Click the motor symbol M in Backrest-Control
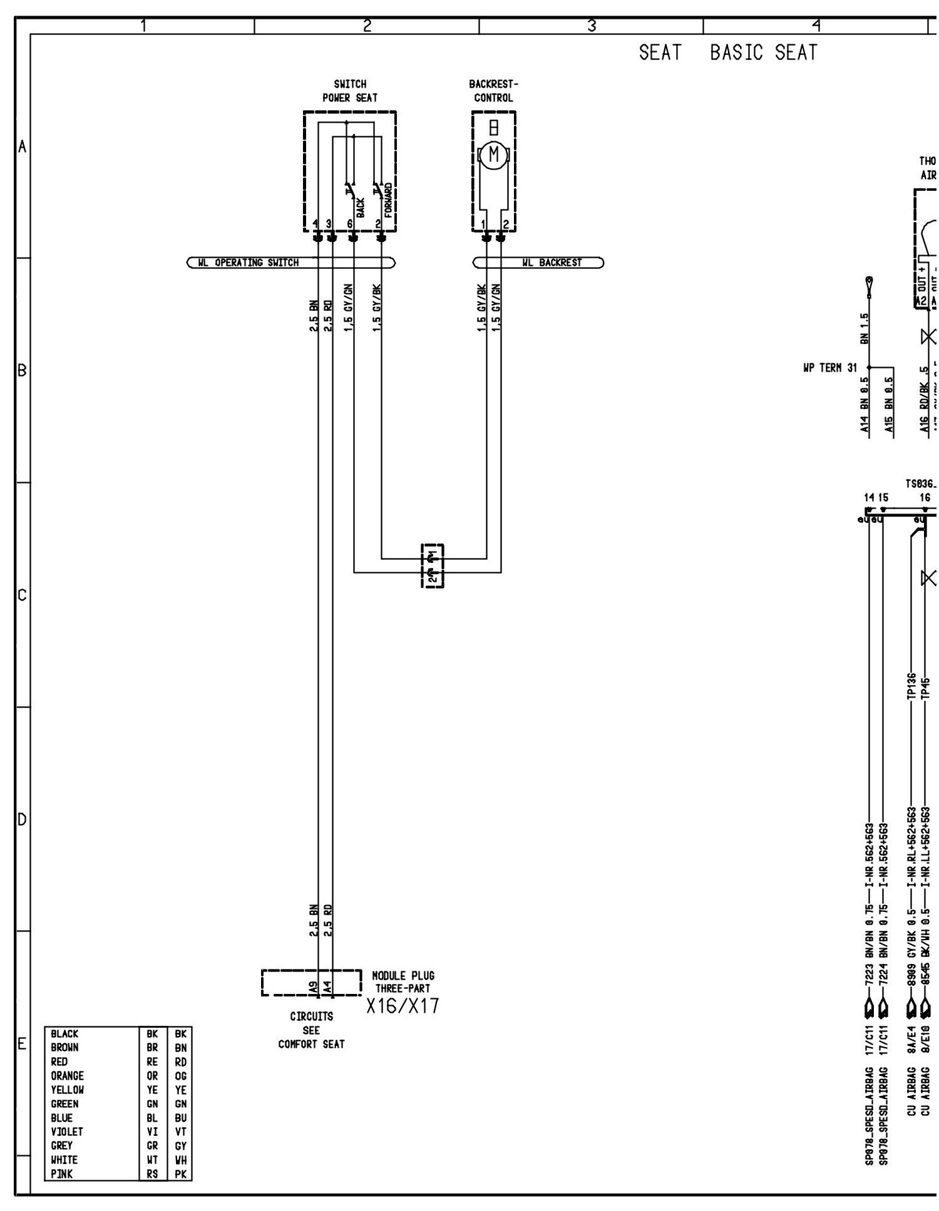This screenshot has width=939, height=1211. [495, 154]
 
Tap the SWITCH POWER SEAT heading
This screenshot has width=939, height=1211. [350, 91]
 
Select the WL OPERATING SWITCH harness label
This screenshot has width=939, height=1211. [248, 263]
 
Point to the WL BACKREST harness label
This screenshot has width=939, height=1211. [552, 263]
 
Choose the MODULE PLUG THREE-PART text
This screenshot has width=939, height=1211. [403, 981]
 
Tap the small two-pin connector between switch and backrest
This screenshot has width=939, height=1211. [432, 565]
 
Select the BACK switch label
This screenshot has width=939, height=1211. [360, 208]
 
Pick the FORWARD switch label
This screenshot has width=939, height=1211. [388, 200]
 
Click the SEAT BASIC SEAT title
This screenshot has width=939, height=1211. [728, 53]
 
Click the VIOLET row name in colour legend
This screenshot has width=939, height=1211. [67, 1132]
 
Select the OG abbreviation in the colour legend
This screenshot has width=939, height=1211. [180, 1076]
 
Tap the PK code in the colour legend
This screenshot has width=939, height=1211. [180, 1174]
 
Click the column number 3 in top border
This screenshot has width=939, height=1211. [591, 26]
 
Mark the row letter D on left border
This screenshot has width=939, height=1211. [22, 819]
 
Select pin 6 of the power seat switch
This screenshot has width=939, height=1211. [350, 224]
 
